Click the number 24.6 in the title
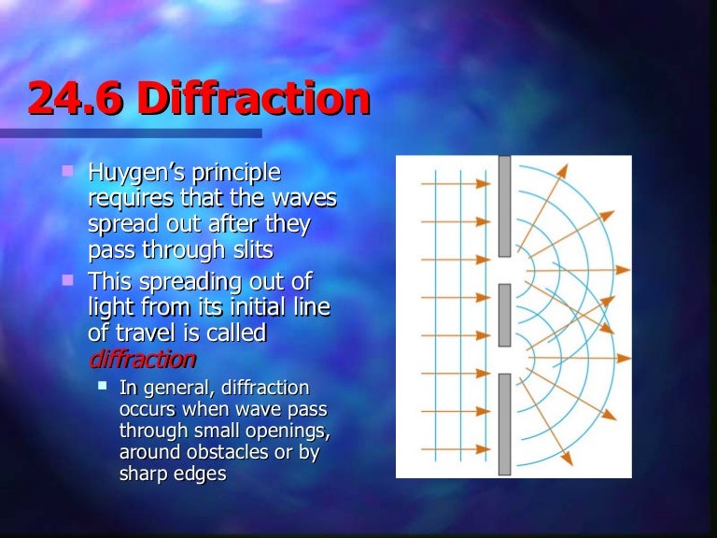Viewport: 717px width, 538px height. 75,100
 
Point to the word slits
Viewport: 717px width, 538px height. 225,249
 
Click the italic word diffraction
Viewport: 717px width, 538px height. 142,359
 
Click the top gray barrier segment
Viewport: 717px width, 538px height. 504,205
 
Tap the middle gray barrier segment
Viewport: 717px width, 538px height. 504,315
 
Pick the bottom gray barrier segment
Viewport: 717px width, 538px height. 504,424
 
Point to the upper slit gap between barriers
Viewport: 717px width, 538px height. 504,270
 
